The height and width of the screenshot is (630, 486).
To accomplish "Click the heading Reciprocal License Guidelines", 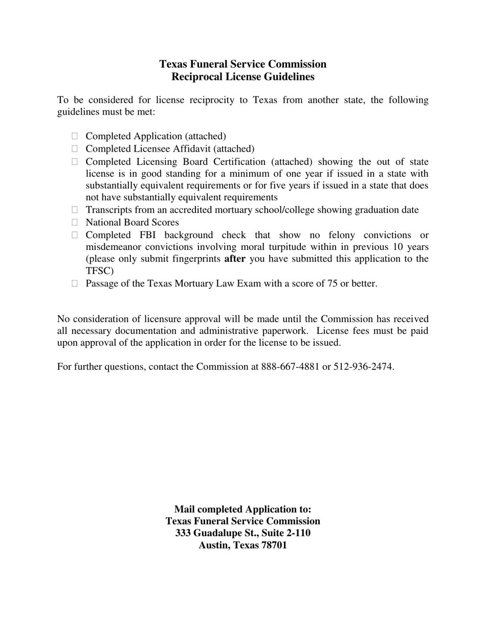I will point(242,77).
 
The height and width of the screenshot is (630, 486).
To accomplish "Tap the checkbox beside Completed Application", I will point(75,136).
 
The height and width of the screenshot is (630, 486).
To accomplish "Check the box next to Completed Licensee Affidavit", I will point(75,149).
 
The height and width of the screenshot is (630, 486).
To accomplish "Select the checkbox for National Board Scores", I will point(75,222).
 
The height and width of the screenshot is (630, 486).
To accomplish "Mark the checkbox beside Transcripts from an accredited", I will point(75,209).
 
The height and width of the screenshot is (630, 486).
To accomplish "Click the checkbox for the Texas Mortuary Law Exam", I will point(75,283).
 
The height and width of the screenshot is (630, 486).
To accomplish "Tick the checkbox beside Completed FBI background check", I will point(75,235).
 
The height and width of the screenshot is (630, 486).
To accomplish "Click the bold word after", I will point(235,259).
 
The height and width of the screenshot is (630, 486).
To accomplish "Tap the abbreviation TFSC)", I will point(100,271).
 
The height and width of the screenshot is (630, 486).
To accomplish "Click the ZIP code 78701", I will point(274,545).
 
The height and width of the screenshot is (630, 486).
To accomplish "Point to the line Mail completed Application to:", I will point(242,509).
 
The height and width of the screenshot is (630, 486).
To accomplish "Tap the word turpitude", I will point(282,247).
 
